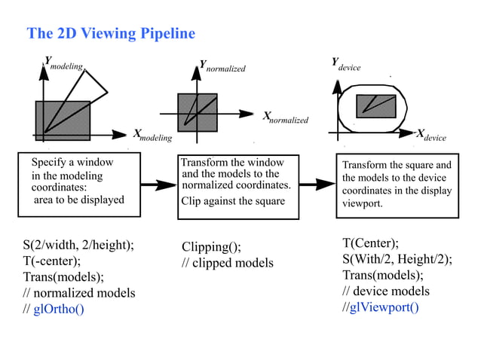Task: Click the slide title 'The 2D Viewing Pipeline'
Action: (x=111, y=34)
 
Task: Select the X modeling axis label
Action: (x=152, y=136)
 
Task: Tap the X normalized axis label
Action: (x=285, y=117)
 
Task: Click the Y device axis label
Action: (x=346, y=65)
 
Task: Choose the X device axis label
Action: (x=431, y=136)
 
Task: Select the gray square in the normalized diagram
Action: (x=197, y=111)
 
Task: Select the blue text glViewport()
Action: (x=384, y=307)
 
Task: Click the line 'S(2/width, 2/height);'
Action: (x=78, y=245)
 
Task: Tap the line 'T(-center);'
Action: (x=52, y=261)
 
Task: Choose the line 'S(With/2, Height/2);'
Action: (x=397, y=259)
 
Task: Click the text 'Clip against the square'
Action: (x=233, y=201)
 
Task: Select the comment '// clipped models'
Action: (x=228, y=263)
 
